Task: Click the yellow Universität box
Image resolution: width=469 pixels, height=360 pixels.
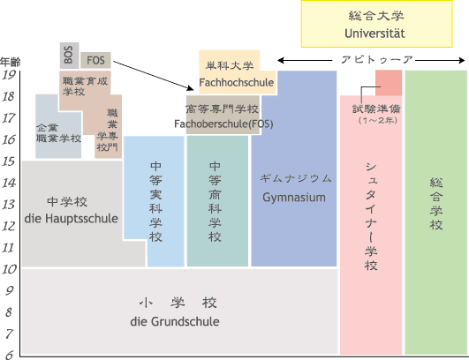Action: click(376, 24)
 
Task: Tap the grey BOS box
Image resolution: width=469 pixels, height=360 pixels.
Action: click(69, 56)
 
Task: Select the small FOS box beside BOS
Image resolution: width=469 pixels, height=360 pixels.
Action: click(95, 60)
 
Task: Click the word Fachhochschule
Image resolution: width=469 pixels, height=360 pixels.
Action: click(237, 82)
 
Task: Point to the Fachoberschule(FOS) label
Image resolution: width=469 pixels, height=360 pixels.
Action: click(223, 124)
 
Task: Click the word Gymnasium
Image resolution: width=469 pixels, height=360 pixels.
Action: click(294, 198)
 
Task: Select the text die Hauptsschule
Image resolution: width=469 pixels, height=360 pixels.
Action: click(72, 219)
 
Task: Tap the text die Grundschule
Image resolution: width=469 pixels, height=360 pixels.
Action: click(175, 322)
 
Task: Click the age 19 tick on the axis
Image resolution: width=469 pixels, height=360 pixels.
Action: click(9, 75)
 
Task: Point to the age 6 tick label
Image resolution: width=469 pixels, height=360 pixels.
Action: click(9, 355)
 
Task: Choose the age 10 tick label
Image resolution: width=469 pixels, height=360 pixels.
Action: click(9, 269)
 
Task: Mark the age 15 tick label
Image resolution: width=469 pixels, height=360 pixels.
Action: click(9, 161)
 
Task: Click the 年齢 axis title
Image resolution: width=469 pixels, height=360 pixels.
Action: click(11, 62)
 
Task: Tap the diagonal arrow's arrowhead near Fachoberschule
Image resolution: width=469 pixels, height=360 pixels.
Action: click(191, 88)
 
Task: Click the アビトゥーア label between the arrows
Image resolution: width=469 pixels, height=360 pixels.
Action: click(377, 60)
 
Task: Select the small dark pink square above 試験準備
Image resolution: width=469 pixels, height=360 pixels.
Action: click(389, 83)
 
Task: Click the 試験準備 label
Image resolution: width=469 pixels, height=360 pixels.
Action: click(376, 109)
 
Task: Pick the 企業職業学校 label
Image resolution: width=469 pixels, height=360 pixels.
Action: click(58, 133)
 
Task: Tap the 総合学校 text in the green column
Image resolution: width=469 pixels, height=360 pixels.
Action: click(436, 204)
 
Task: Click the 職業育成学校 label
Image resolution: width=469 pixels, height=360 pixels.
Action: click(85, 86)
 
